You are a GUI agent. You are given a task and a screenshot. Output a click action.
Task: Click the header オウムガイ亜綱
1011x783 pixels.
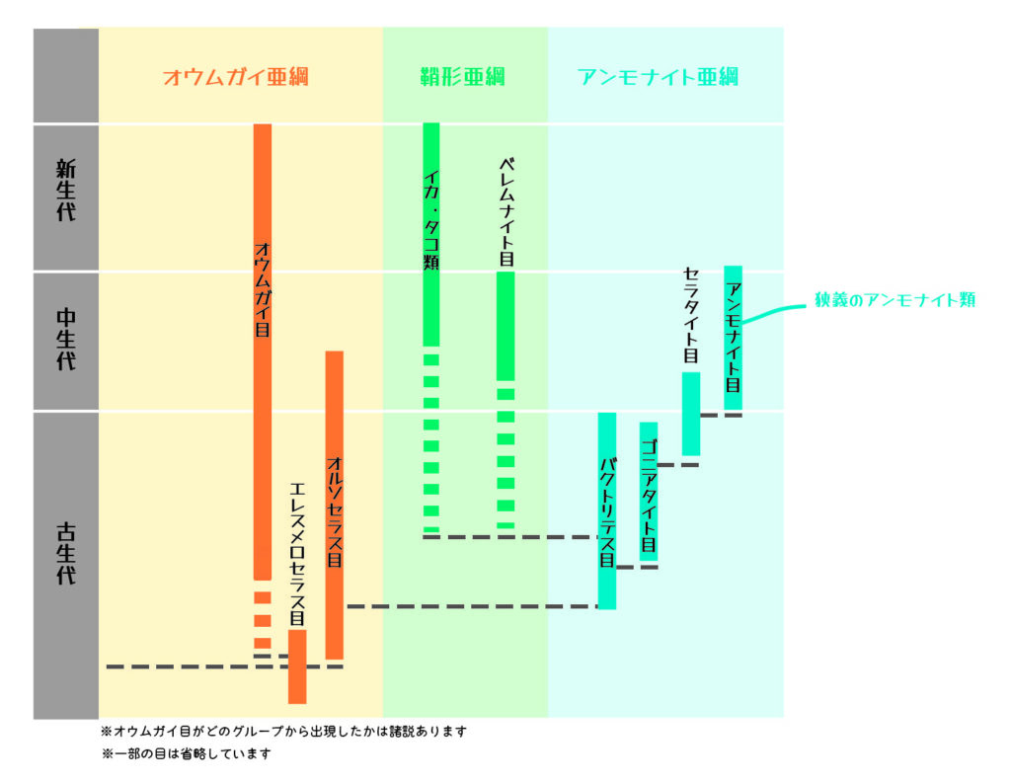(x=236, y=76)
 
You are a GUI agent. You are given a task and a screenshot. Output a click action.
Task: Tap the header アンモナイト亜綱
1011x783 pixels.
(x=659, y=76)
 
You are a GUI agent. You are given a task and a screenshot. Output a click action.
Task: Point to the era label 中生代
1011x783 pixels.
(x=65, y=340)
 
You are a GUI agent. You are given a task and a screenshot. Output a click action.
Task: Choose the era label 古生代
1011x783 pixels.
(x=65, y=559)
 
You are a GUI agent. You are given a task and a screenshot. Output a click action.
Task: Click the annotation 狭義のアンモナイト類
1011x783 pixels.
(x=894, y=300)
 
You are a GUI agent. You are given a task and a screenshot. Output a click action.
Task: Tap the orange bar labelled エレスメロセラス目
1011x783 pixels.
(x=297, y=666)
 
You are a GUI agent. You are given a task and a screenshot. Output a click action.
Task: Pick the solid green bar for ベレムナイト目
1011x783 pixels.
(x=505, y=326)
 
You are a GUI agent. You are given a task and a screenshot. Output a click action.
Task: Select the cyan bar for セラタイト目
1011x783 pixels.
(x=691, y=413)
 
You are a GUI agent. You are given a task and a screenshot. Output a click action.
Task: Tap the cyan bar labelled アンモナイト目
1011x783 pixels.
(x=733, y=337)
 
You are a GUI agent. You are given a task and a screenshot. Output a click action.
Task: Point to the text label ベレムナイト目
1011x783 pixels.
(x=505, y=211)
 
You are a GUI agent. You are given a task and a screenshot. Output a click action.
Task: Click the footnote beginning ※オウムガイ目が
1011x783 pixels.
(x=283, y=732)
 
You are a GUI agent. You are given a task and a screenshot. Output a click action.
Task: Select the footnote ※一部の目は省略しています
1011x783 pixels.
(x=186, y=754)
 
